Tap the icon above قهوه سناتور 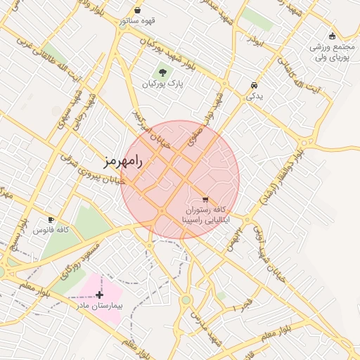tap(136, 11)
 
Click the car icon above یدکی tap(253, 85)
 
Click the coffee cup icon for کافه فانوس tap(51, 219)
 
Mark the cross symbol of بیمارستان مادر tap(99, 295)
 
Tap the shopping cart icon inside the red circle tap(205, 199)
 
